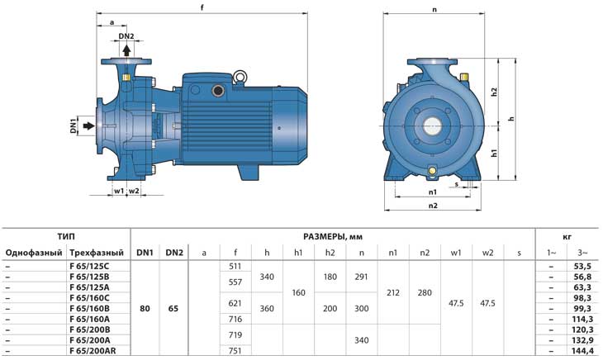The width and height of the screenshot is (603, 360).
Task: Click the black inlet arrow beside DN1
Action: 89,126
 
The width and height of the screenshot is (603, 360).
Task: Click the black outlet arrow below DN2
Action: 126,50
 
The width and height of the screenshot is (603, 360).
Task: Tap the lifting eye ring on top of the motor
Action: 240,77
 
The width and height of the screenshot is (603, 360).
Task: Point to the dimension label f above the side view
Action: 202,7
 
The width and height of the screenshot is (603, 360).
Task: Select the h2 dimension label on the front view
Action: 495,92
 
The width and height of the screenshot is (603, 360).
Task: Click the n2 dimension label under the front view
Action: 433,206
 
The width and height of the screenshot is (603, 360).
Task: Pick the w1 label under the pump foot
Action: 119,191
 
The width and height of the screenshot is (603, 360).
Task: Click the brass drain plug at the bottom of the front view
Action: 432,170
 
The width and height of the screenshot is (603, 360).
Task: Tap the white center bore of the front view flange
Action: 433,126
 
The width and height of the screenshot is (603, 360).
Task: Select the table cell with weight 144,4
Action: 582,351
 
